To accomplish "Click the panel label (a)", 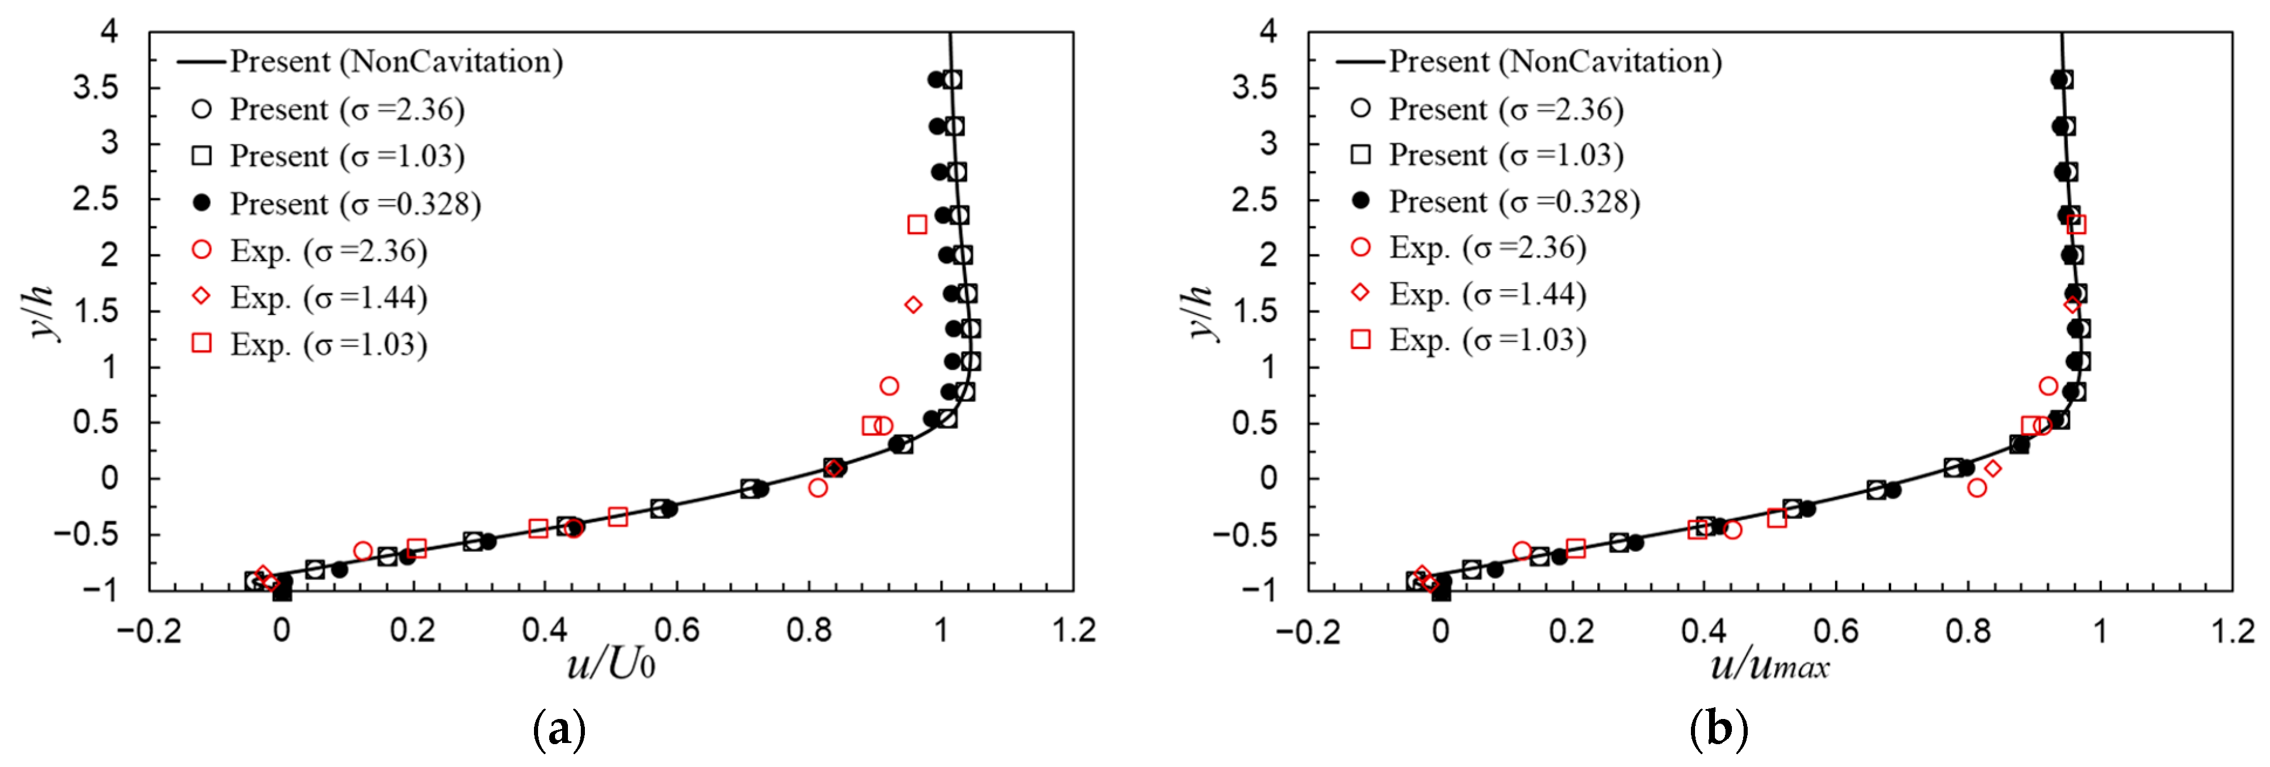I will [560, 730].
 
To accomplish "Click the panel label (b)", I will [1718, 730].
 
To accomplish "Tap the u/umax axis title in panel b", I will [1769, 663].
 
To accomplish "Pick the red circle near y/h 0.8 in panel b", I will [2049, 386].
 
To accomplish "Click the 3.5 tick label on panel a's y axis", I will [95, 87].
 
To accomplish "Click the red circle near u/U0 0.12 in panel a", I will [363, 551].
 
